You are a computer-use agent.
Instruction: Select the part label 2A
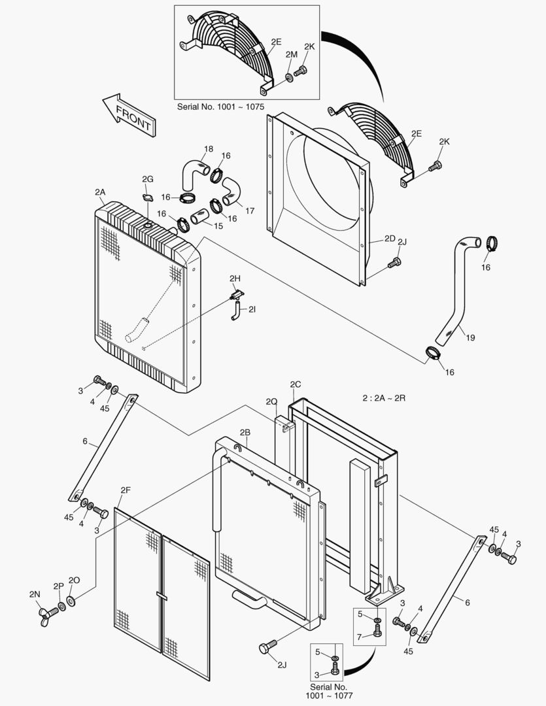tap(99, 192)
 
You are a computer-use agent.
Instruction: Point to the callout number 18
tap(208, 150)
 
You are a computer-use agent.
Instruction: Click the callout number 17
tap(249, 210)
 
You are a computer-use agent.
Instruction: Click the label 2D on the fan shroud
tap(390, 239)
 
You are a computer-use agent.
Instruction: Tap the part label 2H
tap(235, 278)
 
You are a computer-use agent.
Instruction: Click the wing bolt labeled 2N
tap(48, 613)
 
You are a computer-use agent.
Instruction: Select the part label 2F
tap(126, 490)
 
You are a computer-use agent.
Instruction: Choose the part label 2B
tap(245, 433)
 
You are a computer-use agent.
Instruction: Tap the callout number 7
tap(360, 637)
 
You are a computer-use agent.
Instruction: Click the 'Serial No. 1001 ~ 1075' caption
tap(220, 106)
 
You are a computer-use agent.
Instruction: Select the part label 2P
tap(58, 586)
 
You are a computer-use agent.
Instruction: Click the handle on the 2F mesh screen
tap(162, 596)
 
